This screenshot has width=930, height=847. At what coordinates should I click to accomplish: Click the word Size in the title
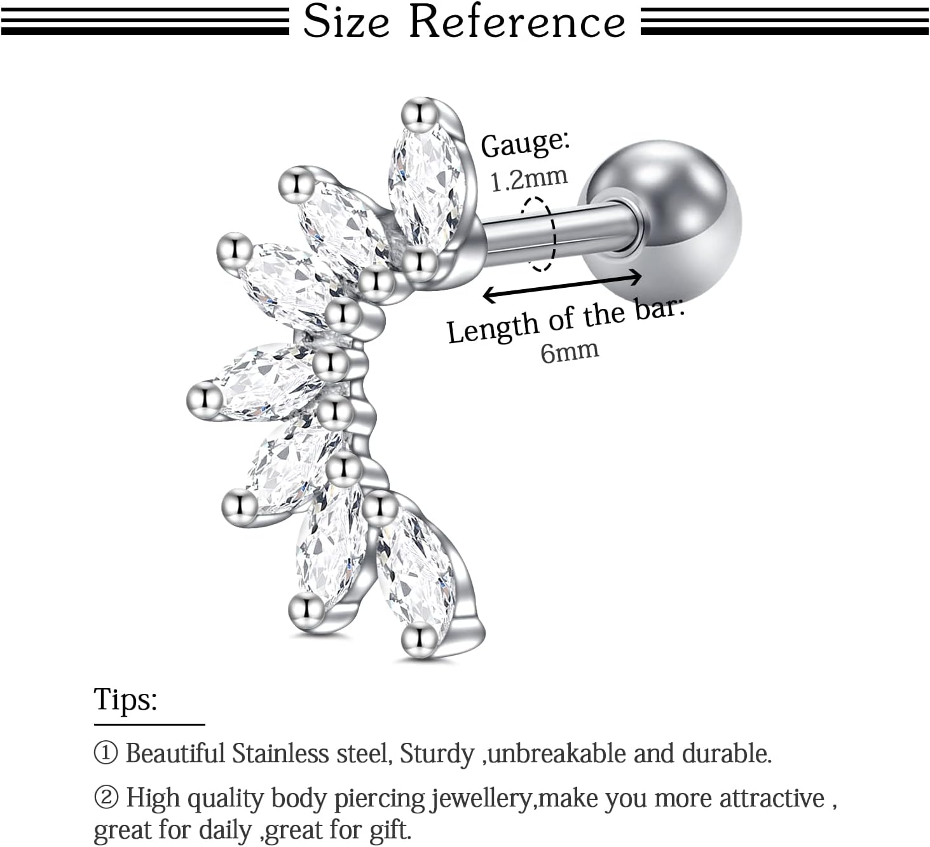pos(346,22)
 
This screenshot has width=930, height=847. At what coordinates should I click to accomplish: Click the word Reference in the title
pos(517,22)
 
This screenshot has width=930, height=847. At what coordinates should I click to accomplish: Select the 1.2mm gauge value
pos(529,179)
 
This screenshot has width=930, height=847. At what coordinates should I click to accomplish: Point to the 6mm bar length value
pos(570,352)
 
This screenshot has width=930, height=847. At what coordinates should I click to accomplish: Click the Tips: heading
pos(126,700)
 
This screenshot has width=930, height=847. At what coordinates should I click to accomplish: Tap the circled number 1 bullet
pos(106,754)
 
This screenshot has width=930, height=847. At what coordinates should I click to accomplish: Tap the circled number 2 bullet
pos(106,798)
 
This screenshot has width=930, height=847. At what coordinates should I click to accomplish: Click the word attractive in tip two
pos(772,799)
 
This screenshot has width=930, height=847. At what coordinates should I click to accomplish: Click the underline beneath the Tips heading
pos(149,724)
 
